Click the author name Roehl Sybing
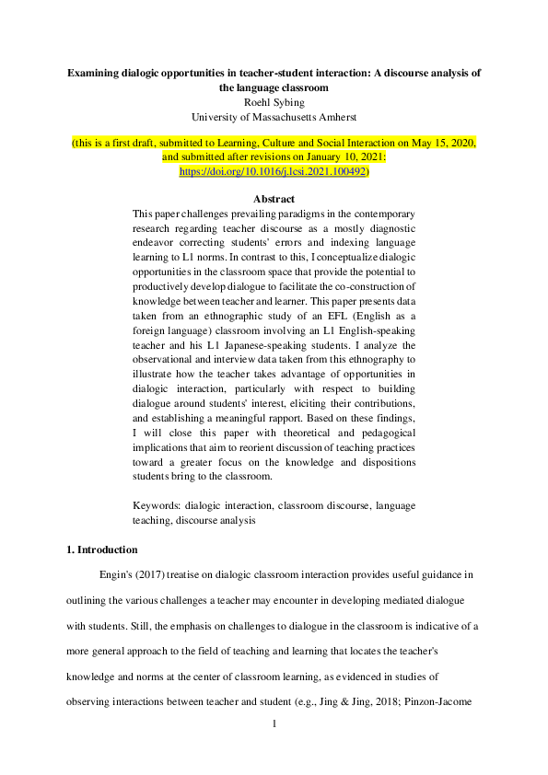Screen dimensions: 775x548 tap(274, 102)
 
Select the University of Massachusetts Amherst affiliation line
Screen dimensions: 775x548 tap(274, 117)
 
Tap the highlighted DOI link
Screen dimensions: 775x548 tap(273, 171)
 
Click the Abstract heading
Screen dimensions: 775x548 tap(274, 199)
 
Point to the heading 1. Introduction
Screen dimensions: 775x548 tap(101, 549)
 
